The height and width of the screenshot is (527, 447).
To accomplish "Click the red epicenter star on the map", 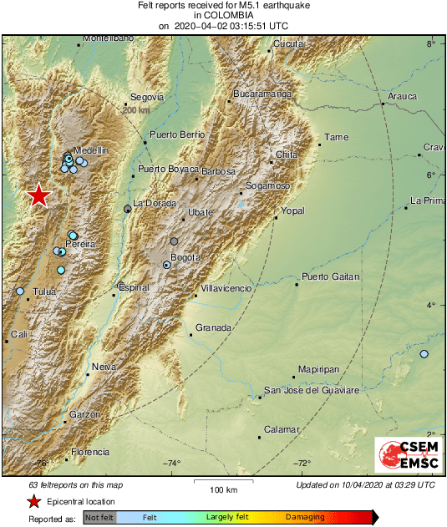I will tap(38, 195).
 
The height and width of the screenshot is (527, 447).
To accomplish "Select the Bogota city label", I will tap(185, 257).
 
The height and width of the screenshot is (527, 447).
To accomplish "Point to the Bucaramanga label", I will tap(262, 94).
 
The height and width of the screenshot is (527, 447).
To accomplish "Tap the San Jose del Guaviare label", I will tap(311, 390).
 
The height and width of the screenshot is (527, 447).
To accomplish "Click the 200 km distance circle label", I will tap(136, 109).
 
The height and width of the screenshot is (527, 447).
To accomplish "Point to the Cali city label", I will tap(19, 334).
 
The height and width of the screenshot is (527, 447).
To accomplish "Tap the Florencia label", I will tap(90, 452).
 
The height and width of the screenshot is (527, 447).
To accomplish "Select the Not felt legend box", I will tap(99, 518).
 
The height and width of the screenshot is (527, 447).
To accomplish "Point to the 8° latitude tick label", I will tap(431, 43).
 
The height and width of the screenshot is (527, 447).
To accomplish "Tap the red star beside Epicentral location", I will tap(34, 502).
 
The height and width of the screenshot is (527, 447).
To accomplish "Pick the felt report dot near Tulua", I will tap(20, 291).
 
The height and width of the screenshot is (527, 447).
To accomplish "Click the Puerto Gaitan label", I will tap(331, 276).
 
